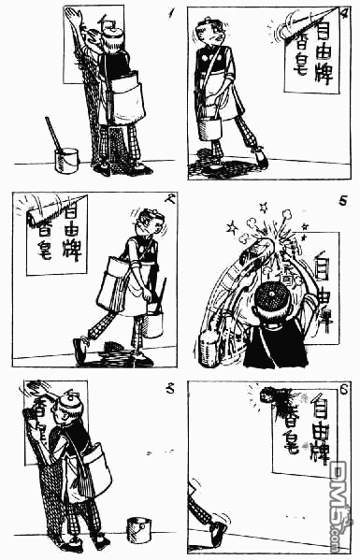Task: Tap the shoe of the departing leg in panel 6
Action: pyautogui.click(x=217, y=534)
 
